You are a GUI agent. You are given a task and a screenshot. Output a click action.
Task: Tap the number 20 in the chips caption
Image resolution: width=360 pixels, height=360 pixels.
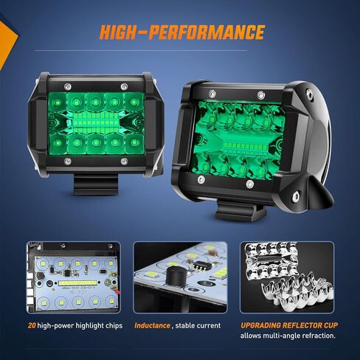30,325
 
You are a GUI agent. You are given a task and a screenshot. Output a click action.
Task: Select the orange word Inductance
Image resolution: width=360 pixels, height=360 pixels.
152,325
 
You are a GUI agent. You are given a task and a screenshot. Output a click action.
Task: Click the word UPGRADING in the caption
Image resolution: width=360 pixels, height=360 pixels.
264,325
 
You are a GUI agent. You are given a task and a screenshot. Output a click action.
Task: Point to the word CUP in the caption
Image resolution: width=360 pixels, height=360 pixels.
328,325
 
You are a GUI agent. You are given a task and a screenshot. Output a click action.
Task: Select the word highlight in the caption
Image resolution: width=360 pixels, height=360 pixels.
83,325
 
